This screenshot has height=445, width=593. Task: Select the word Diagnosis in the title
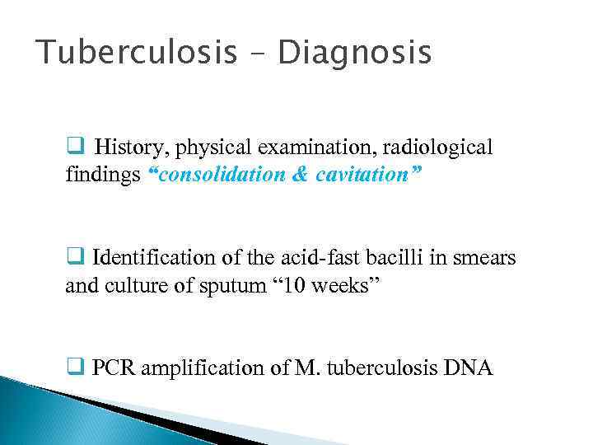354,54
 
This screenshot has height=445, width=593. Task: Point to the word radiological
444,148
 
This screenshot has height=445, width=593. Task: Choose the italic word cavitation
365,176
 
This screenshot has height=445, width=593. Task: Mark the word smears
487,258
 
